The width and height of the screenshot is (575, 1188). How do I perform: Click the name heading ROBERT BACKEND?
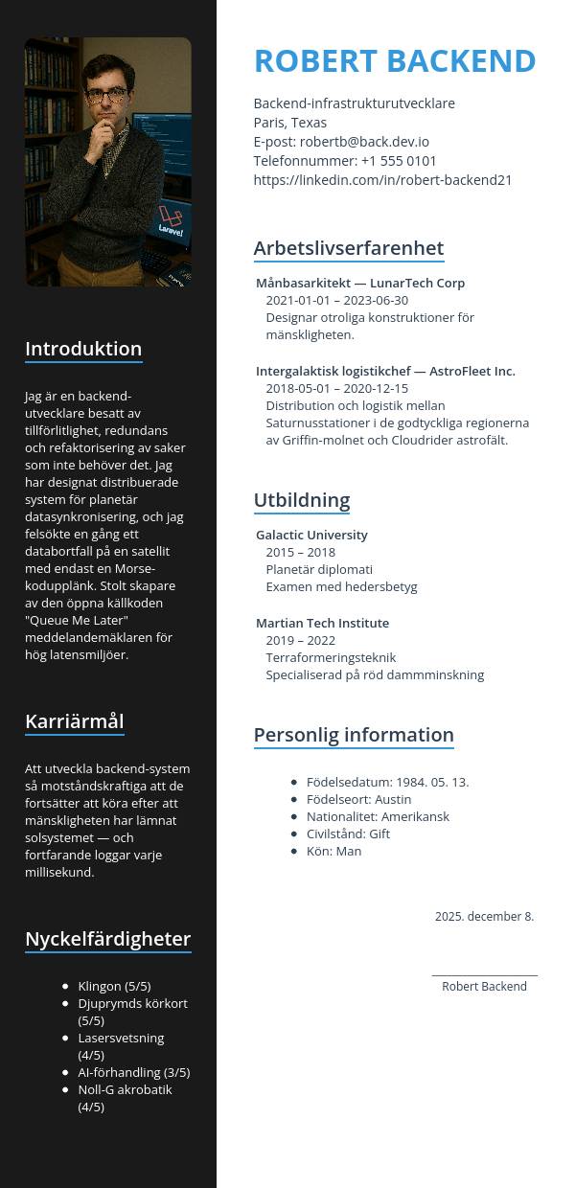click(394, 60)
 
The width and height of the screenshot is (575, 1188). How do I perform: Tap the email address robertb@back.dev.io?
click(364, 142)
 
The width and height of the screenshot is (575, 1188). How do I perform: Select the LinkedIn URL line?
click(382, 180)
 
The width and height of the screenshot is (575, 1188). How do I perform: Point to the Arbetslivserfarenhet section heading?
click(348, 248)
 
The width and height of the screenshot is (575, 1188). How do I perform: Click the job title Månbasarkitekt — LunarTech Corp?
click(359, 283)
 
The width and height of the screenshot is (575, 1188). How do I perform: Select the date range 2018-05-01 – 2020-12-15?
click(336, 388)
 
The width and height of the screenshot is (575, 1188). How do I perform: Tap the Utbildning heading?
click(301, 500)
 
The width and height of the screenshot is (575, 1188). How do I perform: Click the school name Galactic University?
click(311, 535)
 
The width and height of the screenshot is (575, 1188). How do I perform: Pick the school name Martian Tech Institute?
click(322, 623)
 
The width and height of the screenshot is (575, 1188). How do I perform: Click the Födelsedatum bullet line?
click(387, 782)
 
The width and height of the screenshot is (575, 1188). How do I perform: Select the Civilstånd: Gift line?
click(348, 834)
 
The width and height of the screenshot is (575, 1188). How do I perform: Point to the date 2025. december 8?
click(484, 917)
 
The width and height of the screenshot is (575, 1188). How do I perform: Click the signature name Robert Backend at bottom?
click(484, 987)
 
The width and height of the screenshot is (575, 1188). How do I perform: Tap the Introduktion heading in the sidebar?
click(83, 349)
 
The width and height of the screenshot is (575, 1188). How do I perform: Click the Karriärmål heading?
click(74, 721)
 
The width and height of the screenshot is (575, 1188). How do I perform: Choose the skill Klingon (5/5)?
click(114, 986)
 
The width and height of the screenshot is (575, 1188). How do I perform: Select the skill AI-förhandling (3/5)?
click(133, 1072)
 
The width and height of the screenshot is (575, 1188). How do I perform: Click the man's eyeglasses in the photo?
click(106, 96)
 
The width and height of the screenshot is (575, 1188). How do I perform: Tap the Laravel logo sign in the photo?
click(172, 223)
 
